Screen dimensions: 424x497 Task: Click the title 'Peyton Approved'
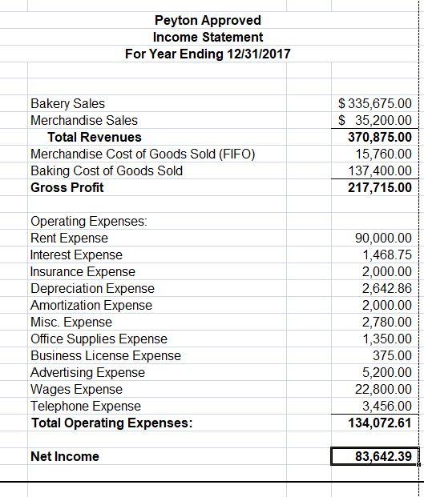[208, 20]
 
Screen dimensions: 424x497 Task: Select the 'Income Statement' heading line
[208, 37]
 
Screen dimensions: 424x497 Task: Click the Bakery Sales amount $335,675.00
[375, 103]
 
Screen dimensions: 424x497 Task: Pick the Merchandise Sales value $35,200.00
[375, 120]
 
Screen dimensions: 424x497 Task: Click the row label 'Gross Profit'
[67, 187]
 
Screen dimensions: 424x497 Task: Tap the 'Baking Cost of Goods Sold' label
[106, 170]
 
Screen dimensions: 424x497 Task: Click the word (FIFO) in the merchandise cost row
[236, 154]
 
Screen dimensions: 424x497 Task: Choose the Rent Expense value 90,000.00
[382, 238]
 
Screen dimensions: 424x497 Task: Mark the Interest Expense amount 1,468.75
[386, 255]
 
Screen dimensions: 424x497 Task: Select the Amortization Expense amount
[386, 305]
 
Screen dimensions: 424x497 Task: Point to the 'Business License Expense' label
[105, 355]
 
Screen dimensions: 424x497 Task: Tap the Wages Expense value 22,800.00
[382, 389]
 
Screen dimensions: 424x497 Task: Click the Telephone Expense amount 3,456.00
[386, 406]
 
